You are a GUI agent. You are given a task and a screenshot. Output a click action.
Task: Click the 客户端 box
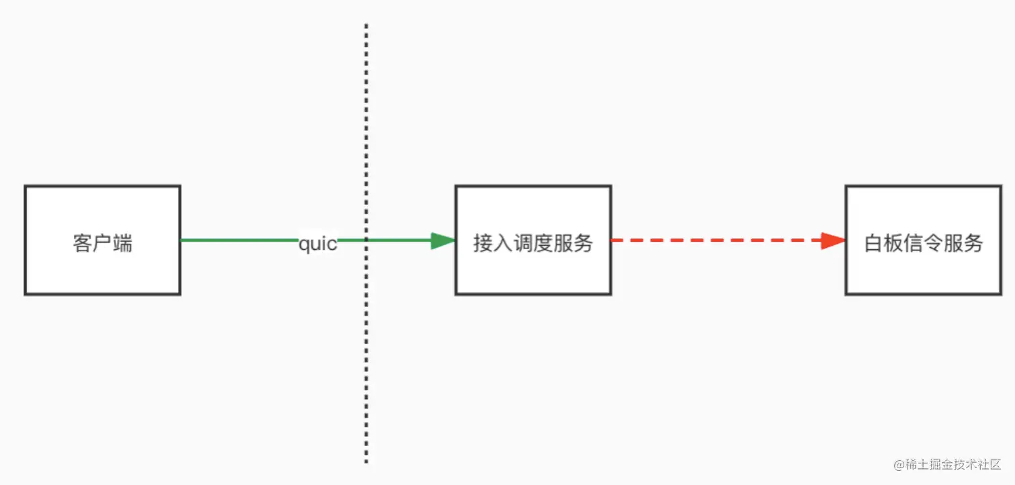[102, 240]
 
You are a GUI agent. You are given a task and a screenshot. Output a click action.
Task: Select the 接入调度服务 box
[533, 240]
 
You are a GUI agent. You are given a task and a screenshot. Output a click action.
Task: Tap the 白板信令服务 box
[923, 240]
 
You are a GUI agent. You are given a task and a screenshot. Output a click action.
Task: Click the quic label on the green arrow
[318, 243]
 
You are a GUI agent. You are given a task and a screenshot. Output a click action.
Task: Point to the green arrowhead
[442, 240]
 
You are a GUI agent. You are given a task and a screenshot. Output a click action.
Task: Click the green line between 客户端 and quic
[238, 240]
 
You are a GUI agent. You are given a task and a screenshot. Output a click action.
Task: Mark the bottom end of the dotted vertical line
[366, 461]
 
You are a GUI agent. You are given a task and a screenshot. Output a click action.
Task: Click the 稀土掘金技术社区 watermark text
[954, 465]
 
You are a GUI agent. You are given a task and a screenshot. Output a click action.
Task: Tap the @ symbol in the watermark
[898, 465]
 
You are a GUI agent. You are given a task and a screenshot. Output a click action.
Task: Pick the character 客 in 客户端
[82, 243]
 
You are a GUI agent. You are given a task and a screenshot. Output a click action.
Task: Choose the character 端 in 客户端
[122, 243]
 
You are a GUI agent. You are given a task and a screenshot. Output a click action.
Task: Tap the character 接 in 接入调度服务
[483, 243]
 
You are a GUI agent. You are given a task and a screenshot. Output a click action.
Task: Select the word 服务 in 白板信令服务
[963, 243]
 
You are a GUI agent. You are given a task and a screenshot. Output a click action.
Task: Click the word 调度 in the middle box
[533, 243]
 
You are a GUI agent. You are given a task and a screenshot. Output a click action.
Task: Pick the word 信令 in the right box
[923, 243]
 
